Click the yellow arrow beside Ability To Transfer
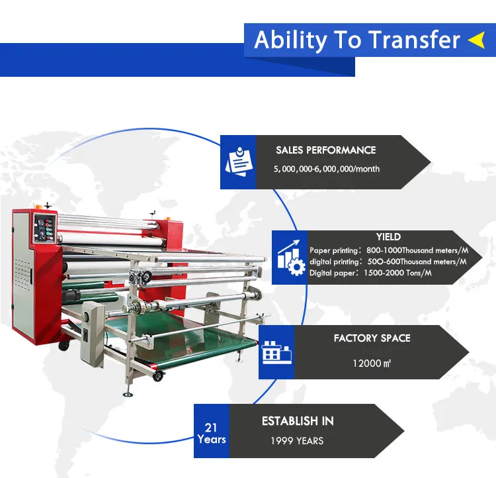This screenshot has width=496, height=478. pyautogui.click(x=477, y=40)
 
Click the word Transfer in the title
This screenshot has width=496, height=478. pyautogui.click(x=415, y=40)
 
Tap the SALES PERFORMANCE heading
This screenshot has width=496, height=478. pyautogui.click(x=326, y=150)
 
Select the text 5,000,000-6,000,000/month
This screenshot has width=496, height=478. pyautogui.click(x=327, y=169)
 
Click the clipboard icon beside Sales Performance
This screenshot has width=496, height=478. pyautogui.click(x=239, y=162)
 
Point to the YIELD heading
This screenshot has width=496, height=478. pyautogui.click(x=388, y=237)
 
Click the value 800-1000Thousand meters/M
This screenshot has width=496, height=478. pyautogui.click(x=417, y=250)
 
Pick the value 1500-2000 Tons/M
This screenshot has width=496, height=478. pyautogui.click(x=397, y=273)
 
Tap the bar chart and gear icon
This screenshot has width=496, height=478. pyautogui.click(x=291, y=258)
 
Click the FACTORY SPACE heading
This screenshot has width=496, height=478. pyautogui.click(x=372, y=338)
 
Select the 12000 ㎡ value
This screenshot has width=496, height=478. pyautogui.click(x=372, y=363)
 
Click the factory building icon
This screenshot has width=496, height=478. pyautogui.click(x=276, y=353)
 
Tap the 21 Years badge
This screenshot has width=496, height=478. pyautogui.click(x=212, y=434)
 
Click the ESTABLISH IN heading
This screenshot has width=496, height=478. pyautogui.click(x=298, y=421)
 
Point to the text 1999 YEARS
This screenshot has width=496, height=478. pyautogui.click(x=297, y=441)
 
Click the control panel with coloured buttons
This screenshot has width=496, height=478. pyautogui.click(x=45, y=228)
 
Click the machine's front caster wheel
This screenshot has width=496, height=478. pyautogui.click(x=158, y=376)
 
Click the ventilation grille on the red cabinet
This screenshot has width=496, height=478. pyautogui.click(x=22, y=273)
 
